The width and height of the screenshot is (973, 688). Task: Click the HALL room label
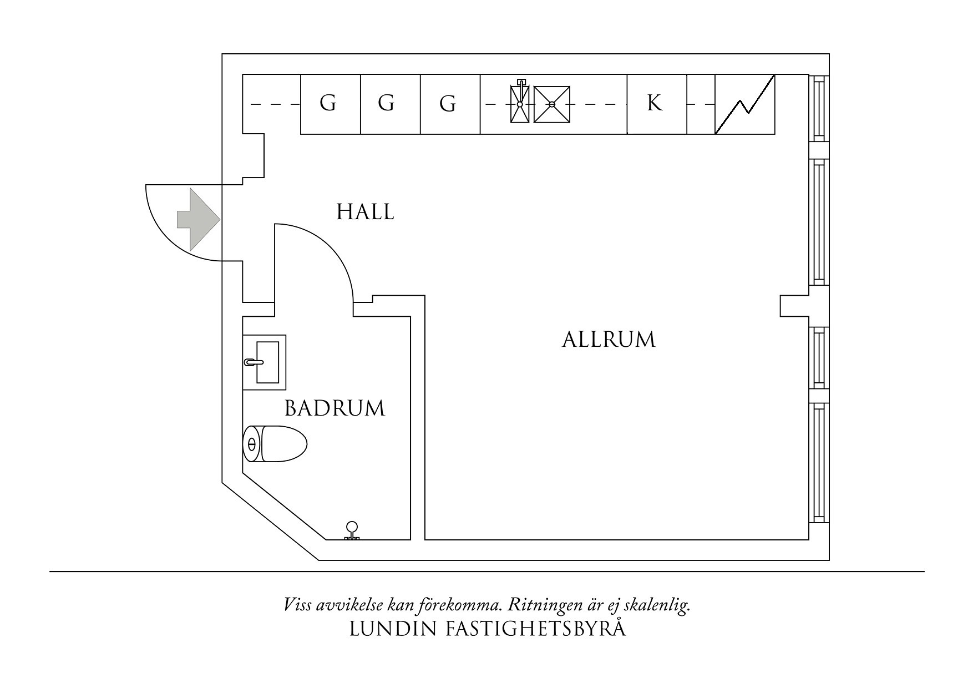point(365,212)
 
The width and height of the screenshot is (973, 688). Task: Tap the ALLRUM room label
point(609,340)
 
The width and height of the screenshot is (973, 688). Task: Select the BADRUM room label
point(335,409)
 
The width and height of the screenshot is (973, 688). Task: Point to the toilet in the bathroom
point(275,444)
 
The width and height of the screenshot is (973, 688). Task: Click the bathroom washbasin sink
point(265,362)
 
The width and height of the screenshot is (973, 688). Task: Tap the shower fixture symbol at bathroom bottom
point(352,531)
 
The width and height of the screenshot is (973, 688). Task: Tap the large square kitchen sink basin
point(551,104)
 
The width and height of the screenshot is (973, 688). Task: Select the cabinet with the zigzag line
point(744,104)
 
